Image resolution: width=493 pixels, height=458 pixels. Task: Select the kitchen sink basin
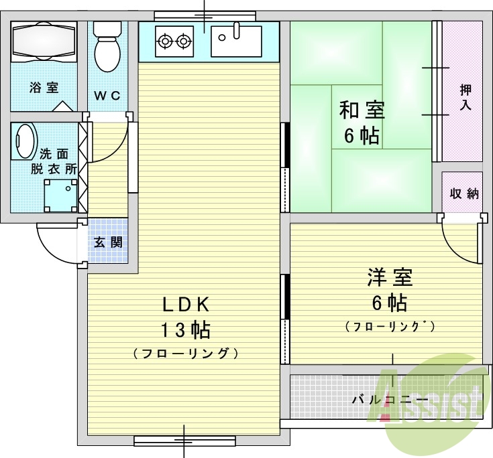(237, 41)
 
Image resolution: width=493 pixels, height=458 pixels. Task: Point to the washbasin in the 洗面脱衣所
(25, 141)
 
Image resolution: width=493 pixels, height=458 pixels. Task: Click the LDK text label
(186, 305)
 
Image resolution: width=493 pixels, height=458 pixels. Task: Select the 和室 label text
(362, 108)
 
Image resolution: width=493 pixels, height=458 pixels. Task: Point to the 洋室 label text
(389, 277)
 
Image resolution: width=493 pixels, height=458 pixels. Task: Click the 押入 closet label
(465, 97)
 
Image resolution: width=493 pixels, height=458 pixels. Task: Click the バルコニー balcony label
(390, 400)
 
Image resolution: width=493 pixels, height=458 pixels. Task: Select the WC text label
(107, 95)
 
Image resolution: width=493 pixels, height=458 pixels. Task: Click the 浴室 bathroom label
(44, 88)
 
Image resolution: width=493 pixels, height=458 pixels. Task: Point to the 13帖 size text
(186, 329)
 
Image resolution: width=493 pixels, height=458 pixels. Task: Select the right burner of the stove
(184, 43)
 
